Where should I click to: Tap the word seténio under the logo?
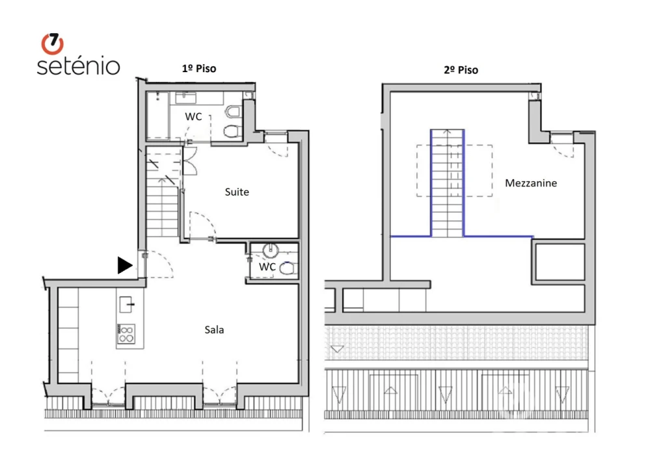[x=78, y=66]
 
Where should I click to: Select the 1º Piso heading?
[x=198, y=68]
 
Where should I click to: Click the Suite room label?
[x=237, y=192]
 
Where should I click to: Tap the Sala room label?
[x=214, y=330]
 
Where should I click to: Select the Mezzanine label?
[x=531, y=183]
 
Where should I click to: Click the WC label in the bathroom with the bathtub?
[x=193, y=117]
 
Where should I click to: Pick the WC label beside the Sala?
[x=267, y=267]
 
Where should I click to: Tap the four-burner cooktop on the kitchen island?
[x=126, y=334]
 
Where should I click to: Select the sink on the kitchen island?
[x=126, y=304]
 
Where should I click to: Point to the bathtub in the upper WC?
[x=157, y=115]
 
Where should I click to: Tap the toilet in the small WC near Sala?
[x=289, y=267]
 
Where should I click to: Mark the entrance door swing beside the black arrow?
[x=156, y=263]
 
